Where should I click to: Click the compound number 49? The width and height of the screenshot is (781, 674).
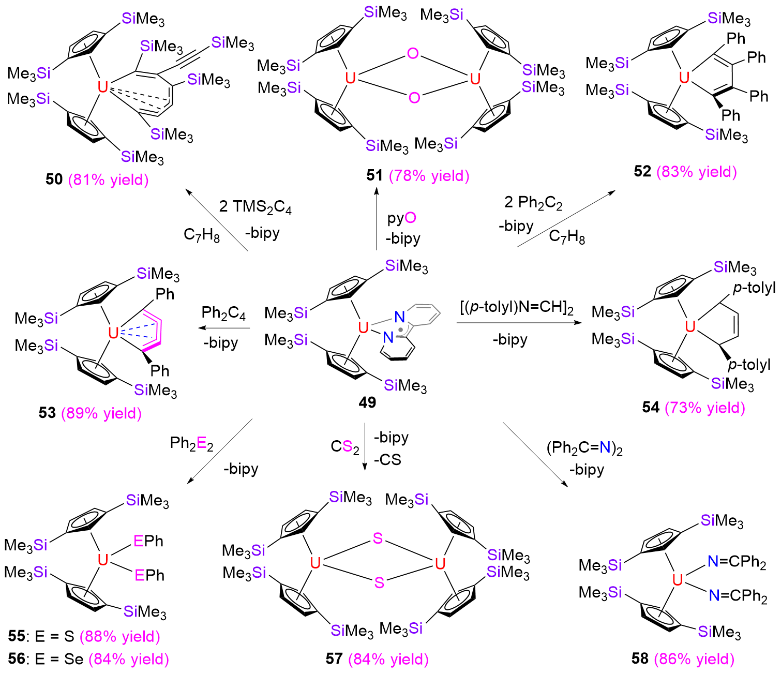coord(367,402)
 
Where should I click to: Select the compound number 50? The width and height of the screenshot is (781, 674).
coord(54,179)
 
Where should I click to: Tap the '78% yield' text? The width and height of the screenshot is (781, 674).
coord(429,176)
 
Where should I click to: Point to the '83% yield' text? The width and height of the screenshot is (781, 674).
coord(697,172)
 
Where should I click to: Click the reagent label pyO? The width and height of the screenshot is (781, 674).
coord(401,218)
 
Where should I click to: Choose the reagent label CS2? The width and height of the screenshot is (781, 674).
coord(344,447)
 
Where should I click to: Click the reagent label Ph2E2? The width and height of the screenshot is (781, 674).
coord(191,443)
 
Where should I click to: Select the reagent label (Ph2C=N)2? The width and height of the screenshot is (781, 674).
coord(584,448)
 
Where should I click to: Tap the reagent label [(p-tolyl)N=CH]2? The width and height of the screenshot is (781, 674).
coord(517,308)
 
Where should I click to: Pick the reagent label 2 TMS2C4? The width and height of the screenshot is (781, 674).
coord(256,207)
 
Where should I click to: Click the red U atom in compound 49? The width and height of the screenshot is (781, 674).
coord(363,327)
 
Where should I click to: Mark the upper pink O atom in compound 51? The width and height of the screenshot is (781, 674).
coord(413,54)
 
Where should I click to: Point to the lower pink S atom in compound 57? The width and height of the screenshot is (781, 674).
coord(379,582)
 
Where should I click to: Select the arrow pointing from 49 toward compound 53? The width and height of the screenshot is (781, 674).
coord(224,327)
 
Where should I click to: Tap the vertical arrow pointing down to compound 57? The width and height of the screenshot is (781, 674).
coord(365,446)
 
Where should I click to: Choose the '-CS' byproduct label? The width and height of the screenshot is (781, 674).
coord(387,460)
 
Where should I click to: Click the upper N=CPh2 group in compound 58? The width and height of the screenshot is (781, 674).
coord(737,562)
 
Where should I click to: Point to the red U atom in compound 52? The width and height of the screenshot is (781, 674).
coord(684,78)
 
